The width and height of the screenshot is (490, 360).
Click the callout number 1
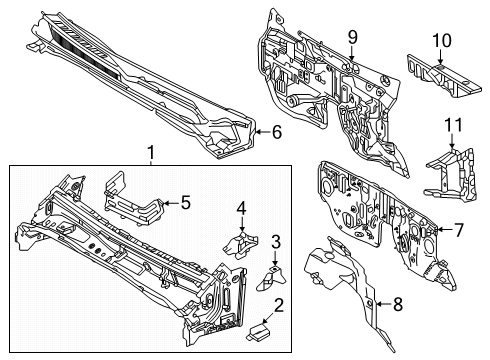coord(151,152)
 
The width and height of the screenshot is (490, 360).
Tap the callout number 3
coord(274,242)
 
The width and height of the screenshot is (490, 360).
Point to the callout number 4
coord(241,208)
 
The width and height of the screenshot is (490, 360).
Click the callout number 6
coord(277,131)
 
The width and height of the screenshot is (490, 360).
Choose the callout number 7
coord(458,229)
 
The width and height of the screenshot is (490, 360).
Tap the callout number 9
coord(352,38)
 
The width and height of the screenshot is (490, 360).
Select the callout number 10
coord(441,40)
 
